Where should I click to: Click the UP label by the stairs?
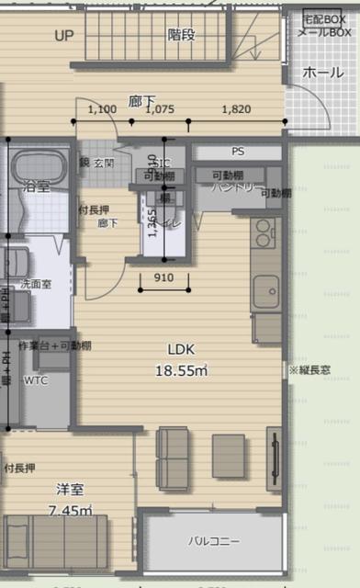click(63, 36)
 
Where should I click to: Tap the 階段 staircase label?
click(181, 35)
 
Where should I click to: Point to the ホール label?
click(322, 72)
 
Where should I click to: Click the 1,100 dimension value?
click(102, 109)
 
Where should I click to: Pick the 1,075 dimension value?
click(160, 109)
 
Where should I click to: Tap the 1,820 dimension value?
click(236, 109)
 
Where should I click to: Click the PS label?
click(238, 152)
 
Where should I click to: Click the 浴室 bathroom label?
click(37, 187)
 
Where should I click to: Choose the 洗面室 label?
click(36, 285)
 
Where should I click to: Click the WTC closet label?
click(36, 379)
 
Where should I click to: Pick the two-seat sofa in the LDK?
click(173, 455)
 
